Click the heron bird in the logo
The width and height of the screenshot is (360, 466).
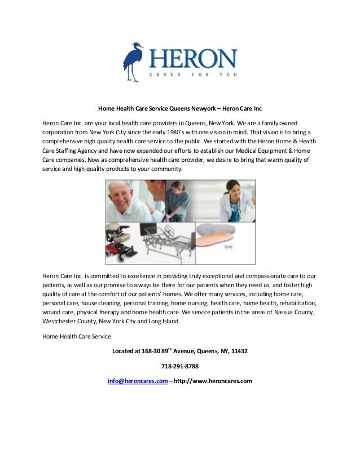click(133, 61)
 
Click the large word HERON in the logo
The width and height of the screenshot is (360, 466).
click(192, 59)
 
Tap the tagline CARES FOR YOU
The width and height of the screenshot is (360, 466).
click(192, 75)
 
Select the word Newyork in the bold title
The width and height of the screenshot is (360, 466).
click(197, 108)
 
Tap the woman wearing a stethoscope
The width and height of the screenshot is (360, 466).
click(232, 201)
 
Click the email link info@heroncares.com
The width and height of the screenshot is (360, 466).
click(138, 381)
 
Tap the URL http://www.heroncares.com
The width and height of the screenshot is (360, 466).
click(213, 381)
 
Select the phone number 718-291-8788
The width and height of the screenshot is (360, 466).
click(179, 366)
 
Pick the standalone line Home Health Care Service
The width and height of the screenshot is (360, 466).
click(77, 336)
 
